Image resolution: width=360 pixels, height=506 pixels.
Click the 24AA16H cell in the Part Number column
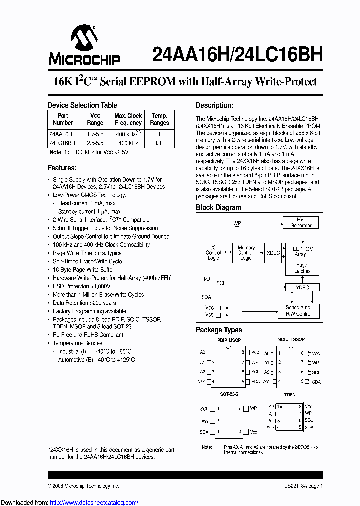(61, 134)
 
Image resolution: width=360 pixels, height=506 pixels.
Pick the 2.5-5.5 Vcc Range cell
(95, 143)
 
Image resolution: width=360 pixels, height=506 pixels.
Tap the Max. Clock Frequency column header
(128, 119)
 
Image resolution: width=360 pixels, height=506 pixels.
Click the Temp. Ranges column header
(159, 119)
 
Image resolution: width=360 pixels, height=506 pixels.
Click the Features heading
(62, 168)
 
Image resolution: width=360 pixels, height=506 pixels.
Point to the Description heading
(214, 105)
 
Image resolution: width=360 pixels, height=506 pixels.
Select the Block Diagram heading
(218, 207)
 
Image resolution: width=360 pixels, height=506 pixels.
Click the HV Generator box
(300, 223)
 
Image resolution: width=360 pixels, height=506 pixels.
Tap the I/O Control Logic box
(213, 253)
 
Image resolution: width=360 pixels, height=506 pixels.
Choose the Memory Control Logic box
(246, 253)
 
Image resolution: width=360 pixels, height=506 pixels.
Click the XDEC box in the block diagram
(273, 253)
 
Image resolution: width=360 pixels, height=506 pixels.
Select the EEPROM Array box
(303, 251)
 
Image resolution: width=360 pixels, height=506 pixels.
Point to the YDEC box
(303, 288)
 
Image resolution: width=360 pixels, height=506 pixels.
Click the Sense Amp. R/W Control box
(299, 310)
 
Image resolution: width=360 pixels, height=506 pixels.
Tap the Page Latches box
(302, 268)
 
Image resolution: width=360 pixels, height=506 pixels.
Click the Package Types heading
(219, 330)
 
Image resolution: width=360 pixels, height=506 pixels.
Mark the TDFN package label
(290, 395)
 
